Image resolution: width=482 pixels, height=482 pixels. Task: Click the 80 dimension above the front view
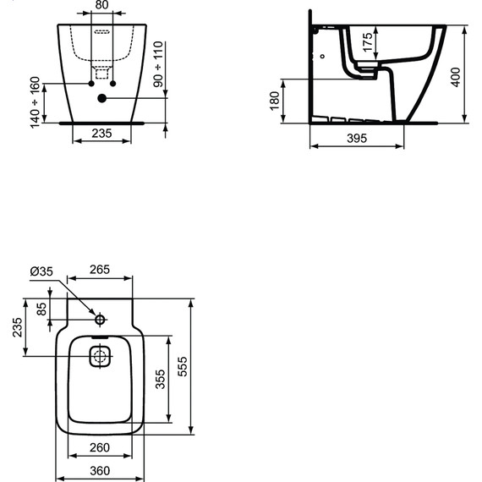[x=101, y=5]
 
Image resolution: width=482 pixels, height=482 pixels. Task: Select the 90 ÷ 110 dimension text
[x=158, y=64]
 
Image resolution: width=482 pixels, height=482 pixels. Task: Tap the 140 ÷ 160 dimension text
[x=36, y=102]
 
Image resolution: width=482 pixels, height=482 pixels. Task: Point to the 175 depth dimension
[x=368, y=43]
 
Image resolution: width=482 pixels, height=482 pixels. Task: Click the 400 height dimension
[x=456, y=77]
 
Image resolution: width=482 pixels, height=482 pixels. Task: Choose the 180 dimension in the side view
[x=275, y=101]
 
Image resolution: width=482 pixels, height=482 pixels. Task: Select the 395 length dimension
[x=357, y=139]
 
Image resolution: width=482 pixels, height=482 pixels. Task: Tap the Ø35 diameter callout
[x=41, y=271]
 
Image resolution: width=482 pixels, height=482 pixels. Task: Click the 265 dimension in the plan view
[x=100, y=270]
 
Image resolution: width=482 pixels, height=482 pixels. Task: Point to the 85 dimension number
[x=41, y=309]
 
